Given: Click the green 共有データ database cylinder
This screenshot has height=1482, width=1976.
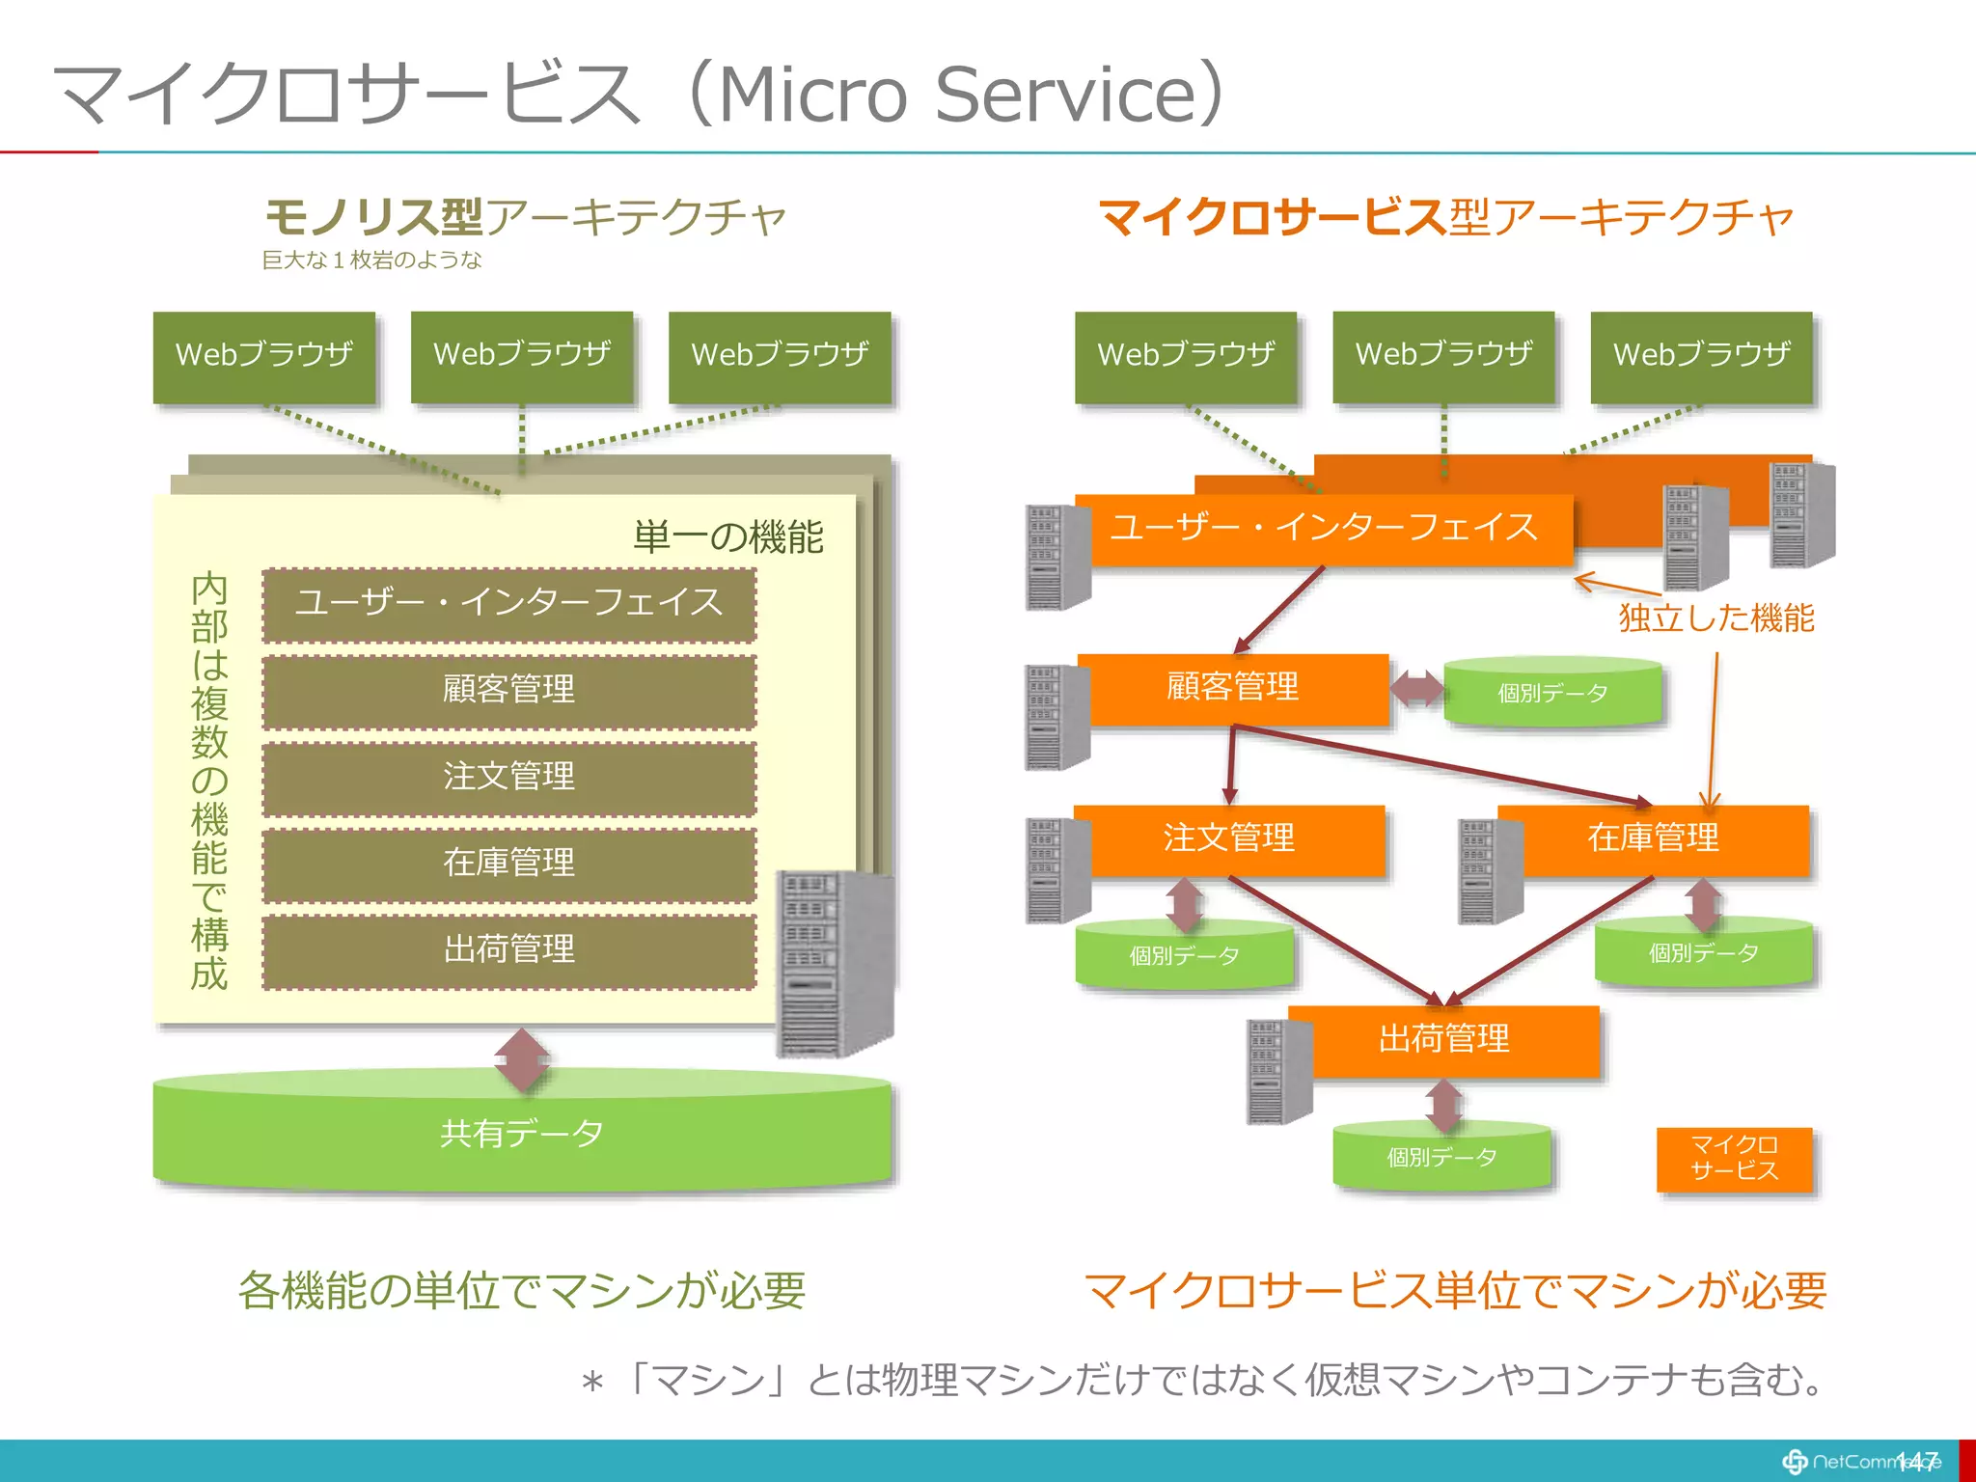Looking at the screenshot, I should (521, 1134).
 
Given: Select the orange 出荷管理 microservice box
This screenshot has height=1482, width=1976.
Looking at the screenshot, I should (1443, 1040).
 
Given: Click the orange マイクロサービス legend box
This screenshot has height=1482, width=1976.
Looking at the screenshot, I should (1734, 1159).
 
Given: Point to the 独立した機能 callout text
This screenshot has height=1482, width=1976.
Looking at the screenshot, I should (1716, 618).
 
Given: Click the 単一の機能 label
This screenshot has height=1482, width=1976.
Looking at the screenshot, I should (727, 537).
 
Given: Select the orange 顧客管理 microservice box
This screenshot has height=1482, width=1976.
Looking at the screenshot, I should (1233, 688).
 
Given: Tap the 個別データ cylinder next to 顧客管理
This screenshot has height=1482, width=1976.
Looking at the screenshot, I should (1552, 694).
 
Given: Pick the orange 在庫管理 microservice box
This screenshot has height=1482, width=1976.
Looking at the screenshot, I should (1654, 838).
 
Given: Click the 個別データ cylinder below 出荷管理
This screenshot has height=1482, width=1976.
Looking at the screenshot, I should (1442, 1158).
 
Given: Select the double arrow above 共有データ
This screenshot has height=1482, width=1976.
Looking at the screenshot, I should (522, 1060).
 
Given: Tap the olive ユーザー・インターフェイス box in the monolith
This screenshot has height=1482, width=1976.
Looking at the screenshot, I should (508, 604).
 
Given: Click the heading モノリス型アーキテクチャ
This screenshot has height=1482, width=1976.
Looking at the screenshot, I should (526, 217).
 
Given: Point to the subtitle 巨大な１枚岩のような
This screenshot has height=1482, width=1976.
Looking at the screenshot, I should (371, 261).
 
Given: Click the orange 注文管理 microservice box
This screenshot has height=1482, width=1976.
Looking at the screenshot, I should (1229, 838).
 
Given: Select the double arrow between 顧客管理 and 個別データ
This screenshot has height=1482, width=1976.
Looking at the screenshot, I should (1416, 689).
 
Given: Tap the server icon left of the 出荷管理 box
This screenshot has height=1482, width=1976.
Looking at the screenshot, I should (1278, 1071).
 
